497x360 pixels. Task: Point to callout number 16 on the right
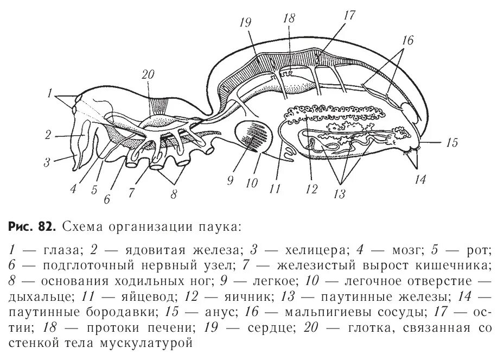[x=408, y=41]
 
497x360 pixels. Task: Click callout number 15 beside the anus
[x=451, y=144]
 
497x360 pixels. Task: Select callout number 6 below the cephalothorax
[x=107, y=198]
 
